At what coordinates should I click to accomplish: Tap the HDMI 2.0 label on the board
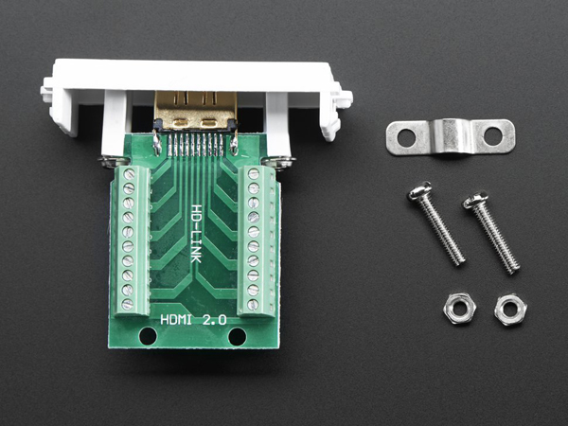(194, 321)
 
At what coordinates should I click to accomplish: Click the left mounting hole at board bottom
(148, 336)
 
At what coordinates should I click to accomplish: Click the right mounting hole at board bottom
(237, 336)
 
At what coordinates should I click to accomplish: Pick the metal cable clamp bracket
(450, 136)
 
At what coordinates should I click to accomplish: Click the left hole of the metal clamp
(406, 138)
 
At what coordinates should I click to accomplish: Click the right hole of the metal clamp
(492, 136)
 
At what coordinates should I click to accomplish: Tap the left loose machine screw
(437, 224)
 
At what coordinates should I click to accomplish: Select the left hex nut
(459, 310)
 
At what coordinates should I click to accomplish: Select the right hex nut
(510, 310)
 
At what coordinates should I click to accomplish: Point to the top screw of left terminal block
(127, 174)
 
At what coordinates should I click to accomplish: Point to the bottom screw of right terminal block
(254, 304)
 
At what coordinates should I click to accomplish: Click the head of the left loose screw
(418, 194)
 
